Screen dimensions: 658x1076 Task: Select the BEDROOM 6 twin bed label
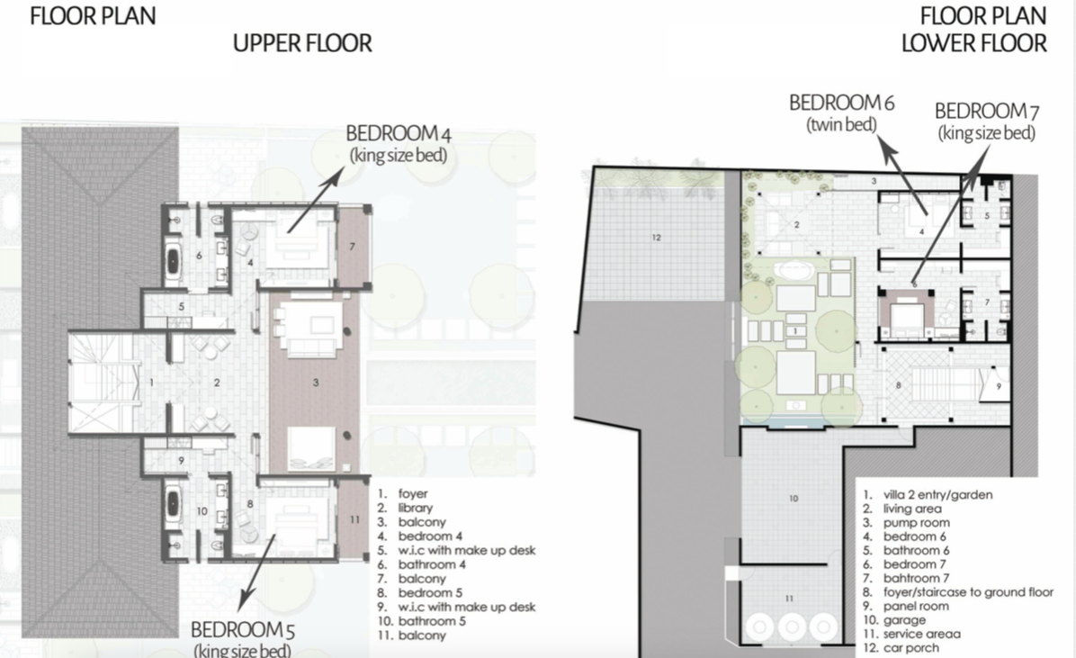click(841, 112)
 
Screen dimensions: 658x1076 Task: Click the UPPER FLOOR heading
click(302, 42)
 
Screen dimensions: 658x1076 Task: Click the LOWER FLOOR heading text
click(974, 42)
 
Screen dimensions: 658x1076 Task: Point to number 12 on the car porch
click(657, 238)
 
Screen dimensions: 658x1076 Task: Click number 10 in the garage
click(793, 498)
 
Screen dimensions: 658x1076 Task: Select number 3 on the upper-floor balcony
click(316, 383)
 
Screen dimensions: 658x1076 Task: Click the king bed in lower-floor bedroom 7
click(905, 315)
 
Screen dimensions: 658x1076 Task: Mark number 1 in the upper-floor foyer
click(152, 383)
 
